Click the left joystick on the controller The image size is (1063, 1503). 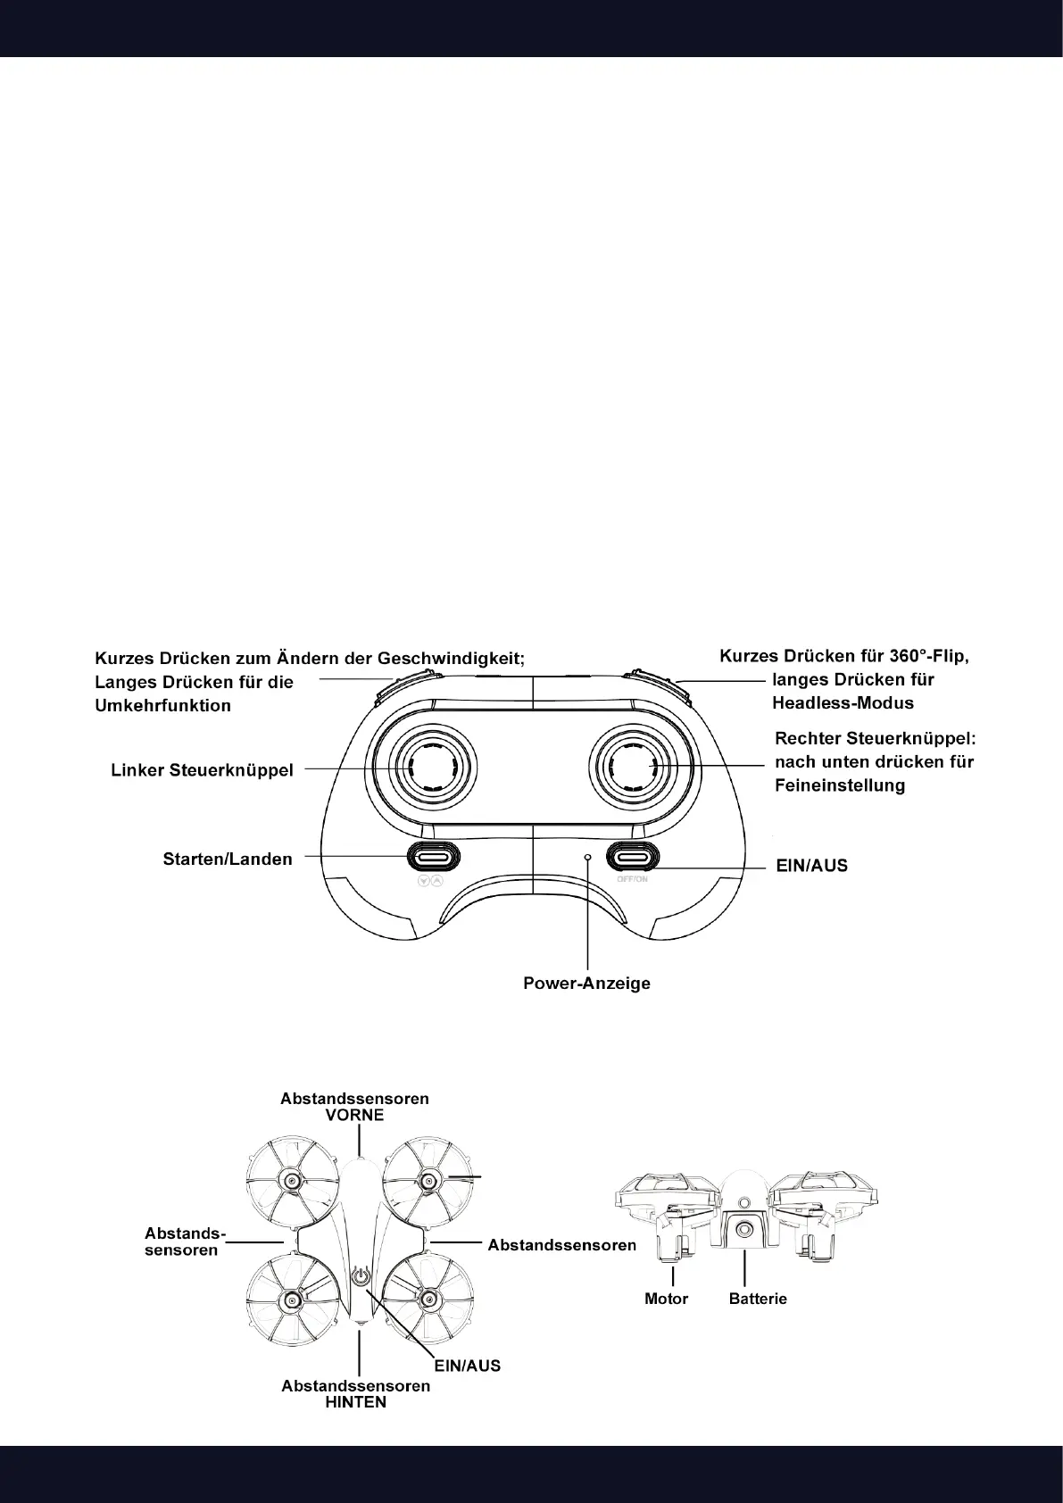[x=426, y=766]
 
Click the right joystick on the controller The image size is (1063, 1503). [x=638, y=766]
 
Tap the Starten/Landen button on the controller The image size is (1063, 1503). [x=435, y=857]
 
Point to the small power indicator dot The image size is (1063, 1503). [x=587, y=857]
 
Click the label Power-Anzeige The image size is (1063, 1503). [x=586, y=984]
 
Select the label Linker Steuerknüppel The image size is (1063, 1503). [x=202, y=770]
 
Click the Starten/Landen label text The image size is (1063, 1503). [x=228, y=859]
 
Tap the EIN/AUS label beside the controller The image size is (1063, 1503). [x=812, y=866]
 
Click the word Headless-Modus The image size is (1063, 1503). [x=843, y=703]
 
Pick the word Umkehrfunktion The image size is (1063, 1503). [x=163, y=706]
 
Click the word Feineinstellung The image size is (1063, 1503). [x=840, y=785]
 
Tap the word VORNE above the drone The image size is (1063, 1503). [x=354, y=1116]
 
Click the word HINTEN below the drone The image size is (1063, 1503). [x=355, y=1402]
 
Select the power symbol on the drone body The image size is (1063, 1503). [x=360, y=1276]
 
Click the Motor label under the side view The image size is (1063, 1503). [x=666, y=1299]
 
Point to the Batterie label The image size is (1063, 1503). [x=758, y=1299]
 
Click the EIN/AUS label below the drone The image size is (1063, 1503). [x=467, y=1366]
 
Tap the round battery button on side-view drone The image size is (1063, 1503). [x=743, y=1230]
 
